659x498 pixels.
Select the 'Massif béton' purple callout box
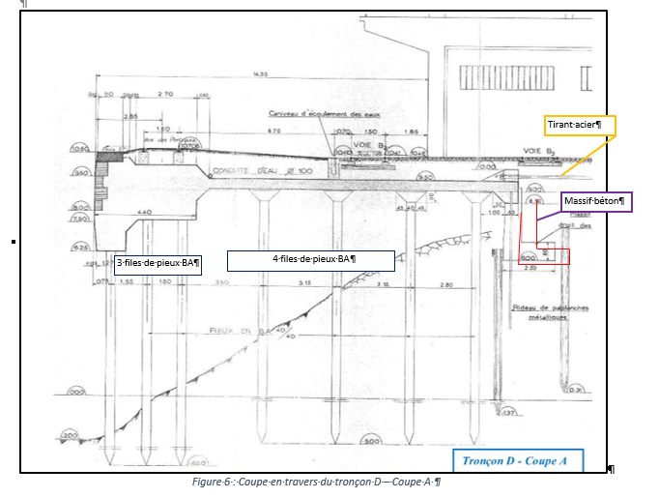coord(595,202)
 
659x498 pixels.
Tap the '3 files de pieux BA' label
coord(157,262)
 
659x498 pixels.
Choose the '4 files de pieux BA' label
coord(310,260)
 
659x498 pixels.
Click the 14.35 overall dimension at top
coord(258,74)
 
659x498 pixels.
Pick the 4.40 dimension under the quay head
coord(146,212)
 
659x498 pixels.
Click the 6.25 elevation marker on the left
coord(82,247)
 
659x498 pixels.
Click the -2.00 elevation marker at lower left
coord(70,436)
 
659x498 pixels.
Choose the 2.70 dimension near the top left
coord(164,95)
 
